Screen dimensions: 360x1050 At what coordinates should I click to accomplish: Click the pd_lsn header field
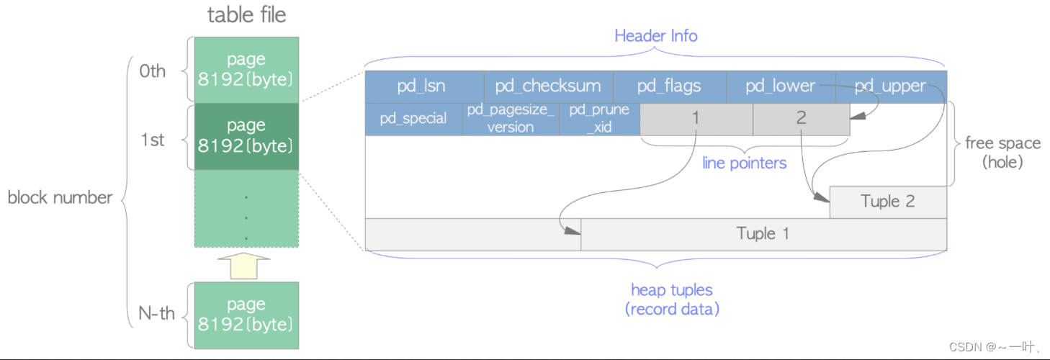tap(421, 86)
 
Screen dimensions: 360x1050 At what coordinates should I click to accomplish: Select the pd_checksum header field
tap(547, 86)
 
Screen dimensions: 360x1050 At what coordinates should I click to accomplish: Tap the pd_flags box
tap(668, 86)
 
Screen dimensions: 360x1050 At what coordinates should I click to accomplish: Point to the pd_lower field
tap(780, 86)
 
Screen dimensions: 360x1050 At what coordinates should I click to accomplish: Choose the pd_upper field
tap(890, 86)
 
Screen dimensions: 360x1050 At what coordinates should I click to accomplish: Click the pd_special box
tap(413, 119)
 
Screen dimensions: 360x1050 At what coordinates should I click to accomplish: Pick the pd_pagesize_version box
tap(511, 119)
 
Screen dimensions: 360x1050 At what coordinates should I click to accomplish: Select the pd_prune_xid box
tap(599, 119)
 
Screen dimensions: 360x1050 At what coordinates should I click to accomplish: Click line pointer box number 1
tap(696, 119)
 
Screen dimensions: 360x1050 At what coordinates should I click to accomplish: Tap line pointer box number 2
tap(801, 119)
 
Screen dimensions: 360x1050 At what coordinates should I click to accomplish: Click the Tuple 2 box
tap(887, 202)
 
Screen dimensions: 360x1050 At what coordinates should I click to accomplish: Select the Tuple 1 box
tap(763, 234)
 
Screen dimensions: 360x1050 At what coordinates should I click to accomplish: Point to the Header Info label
tap(655, 35)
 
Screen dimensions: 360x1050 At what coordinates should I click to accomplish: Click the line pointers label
tap(745, 163)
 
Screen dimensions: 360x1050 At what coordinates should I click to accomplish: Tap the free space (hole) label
tap(1002, 152)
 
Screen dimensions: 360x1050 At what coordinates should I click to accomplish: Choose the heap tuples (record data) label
tap(671, 300)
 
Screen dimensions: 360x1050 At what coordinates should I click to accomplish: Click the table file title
tap(246, 15)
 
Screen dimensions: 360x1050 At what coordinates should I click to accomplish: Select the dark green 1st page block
tap(246, 136)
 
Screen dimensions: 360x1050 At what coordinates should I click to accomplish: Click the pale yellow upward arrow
tap(245, 265)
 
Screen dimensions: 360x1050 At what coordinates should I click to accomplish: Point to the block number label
tap(60, 197)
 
